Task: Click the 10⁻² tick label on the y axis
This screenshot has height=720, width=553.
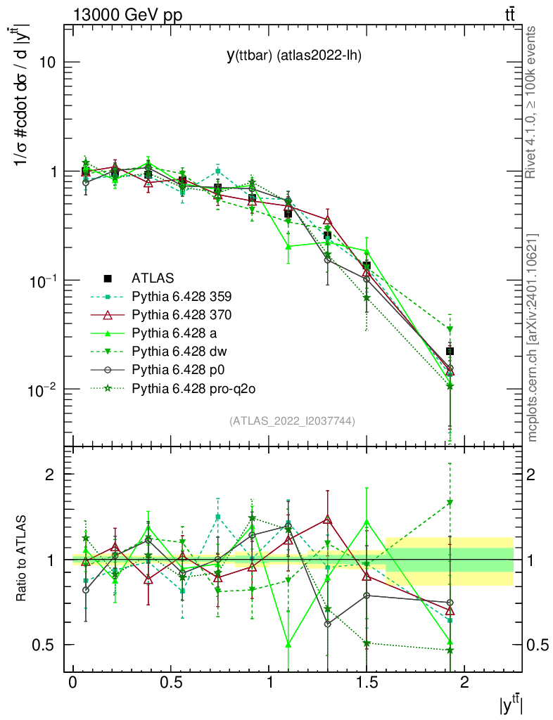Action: pos(42,389)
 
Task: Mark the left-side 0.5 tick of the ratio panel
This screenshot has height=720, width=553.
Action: pos(44,645)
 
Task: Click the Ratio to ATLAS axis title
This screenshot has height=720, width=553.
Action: pos(22,558)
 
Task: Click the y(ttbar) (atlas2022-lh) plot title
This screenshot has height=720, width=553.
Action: pos(294,56)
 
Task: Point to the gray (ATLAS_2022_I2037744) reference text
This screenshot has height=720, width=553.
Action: pos(292,421)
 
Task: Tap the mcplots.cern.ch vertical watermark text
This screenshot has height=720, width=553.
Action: pos(533,337)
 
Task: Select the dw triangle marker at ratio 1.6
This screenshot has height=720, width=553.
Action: pos(450,503)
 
